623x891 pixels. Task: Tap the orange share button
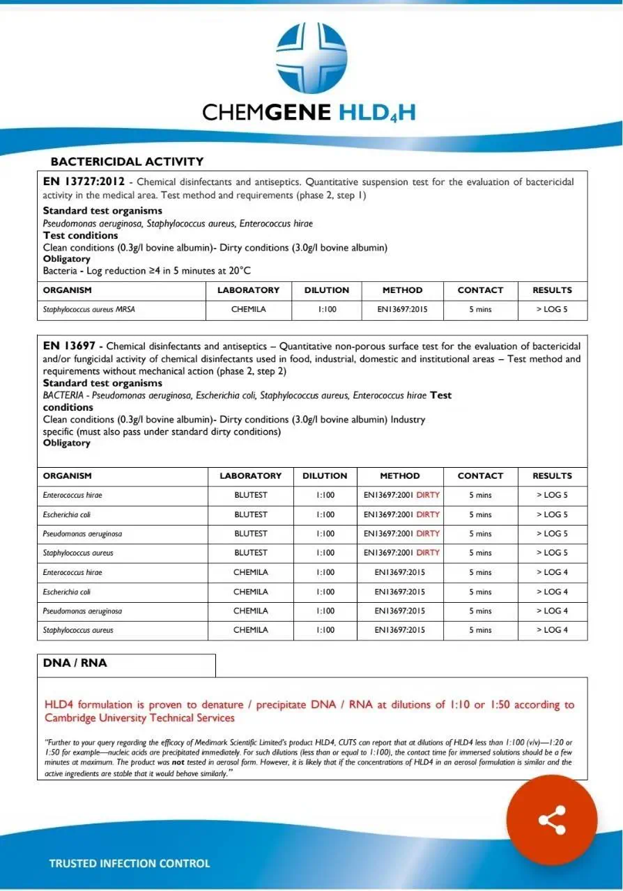(552, 819)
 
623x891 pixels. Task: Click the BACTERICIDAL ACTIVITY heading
(127, 161)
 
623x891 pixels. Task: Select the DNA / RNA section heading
(75, 663)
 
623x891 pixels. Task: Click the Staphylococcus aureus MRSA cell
(89, 310)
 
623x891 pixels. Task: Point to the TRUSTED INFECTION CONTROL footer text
(129, 863)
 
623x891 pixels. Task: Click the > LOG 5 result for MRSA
(552, 310)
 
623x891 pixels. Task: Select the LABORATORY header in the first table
(248, 290)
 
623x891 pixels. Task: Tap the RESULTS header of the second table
(552, 476)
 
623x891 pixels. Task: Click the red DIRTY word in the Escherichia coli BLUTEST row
(428, 515)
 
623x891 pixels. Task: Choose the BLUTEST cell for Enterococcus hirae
(250, 496)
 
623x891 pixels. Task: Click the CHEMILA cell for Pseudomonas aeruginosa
(250, 611)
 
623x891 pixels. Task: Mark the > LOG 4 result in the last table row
(552, 630)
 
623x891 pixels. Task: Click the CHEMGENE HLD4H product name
(309, 112)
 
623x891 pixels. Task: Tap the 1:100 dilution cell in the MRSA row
(326, 310)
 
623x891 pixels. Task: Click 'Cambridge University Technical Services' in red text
(139, 718)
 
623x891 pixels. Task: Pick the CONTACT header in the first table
(480, 290)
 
